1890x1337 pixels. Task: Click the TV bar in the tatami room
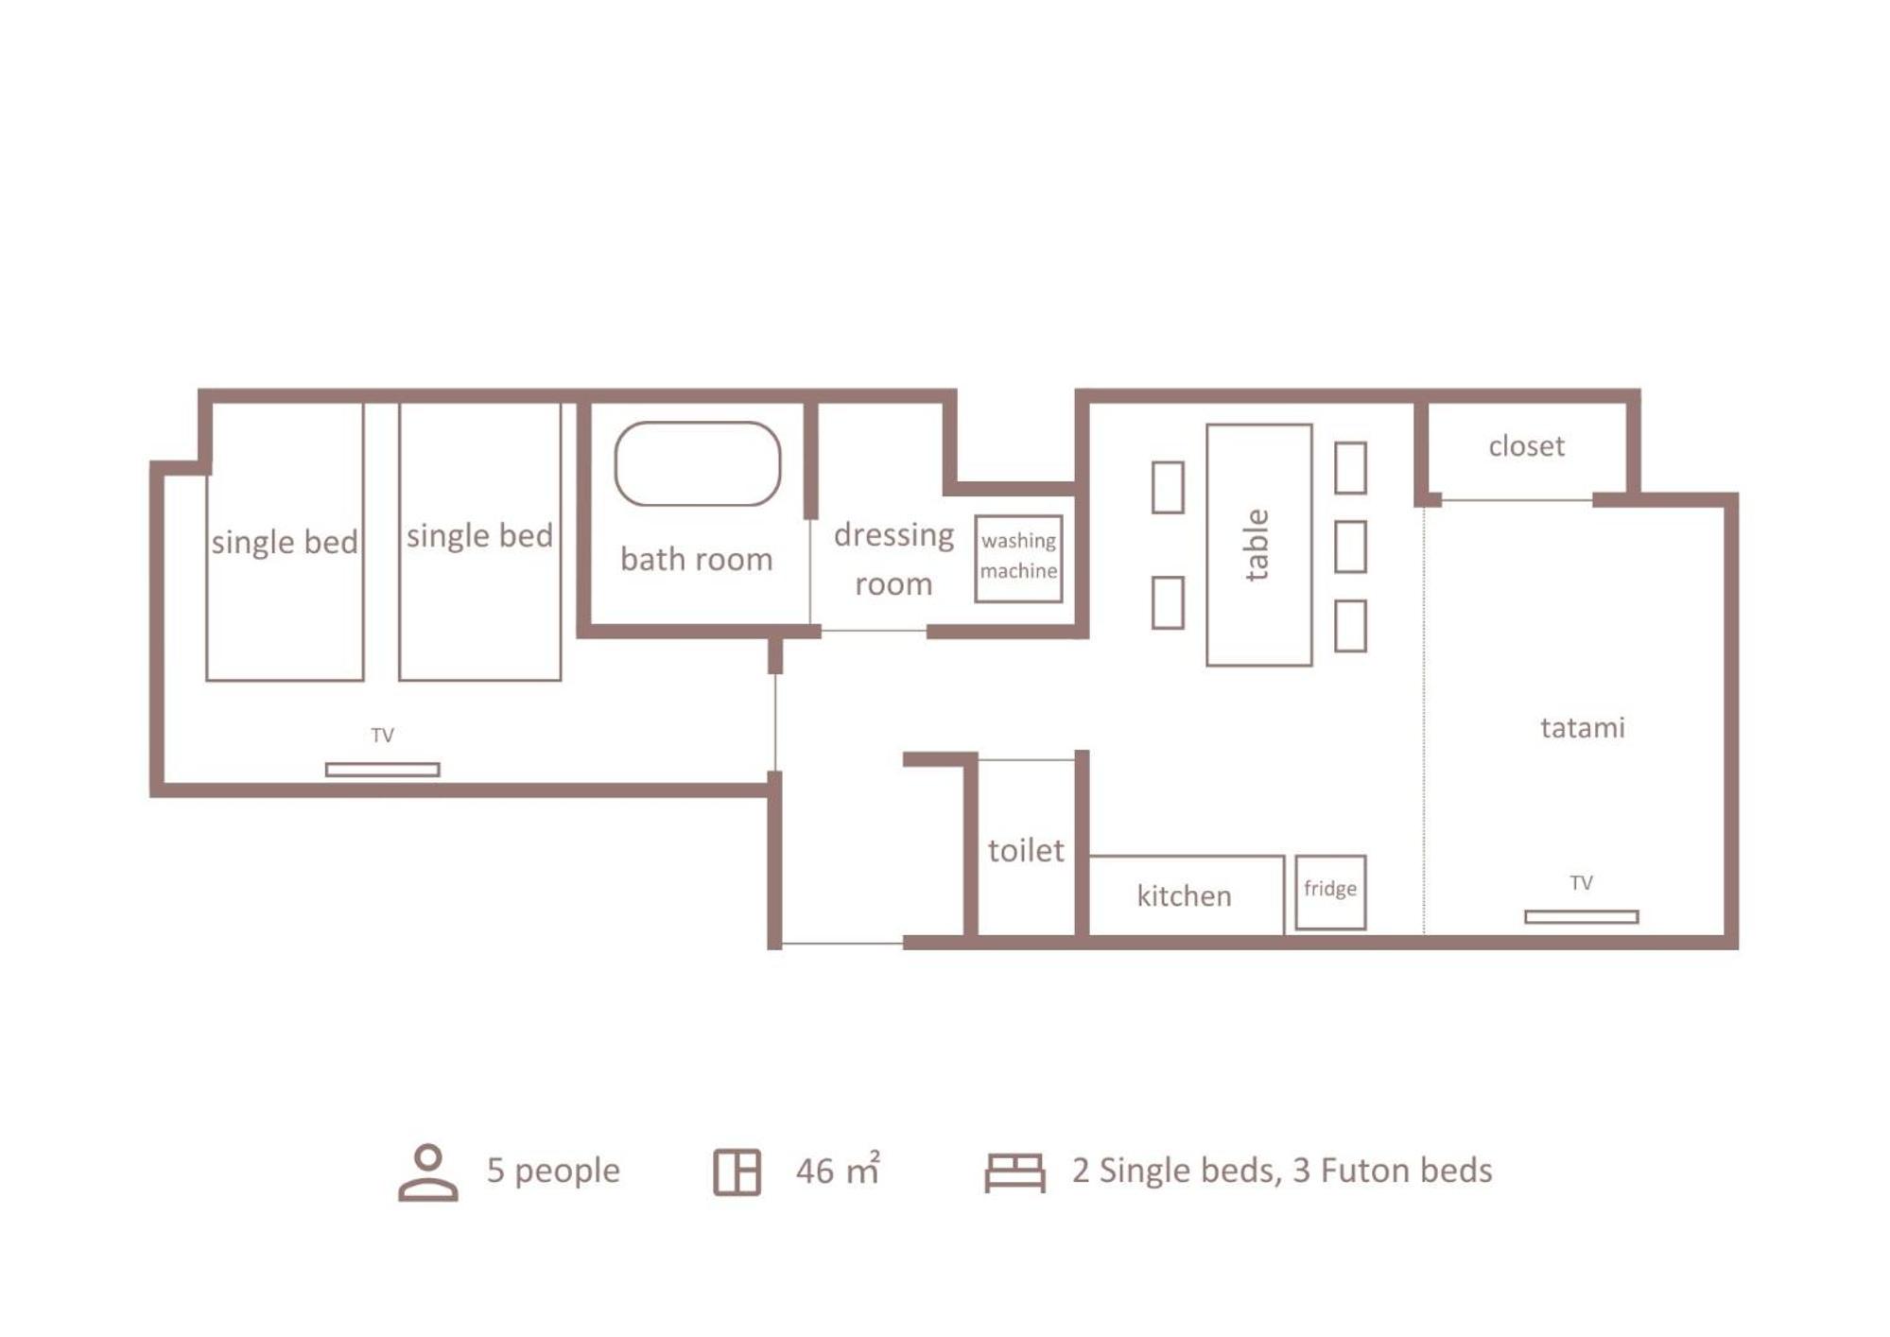(1581, 916)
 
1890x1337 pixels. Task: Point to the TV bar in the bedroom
(382, 770)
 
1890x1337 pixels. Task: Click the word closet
(1526, 445)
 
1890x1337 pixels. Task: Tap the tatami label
(1582, 727)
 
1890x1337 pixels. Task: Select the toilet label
(1026, 850)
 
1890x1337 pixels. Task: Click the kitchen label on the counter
(1184, 895)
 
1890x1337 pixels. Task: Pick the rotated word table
(1256, 545)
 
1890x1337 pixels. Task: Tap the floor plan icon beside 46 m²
(737, 1172)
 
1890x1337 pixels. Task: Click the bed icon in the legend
(1014, 1172)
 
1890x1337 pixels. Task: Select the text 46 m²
(838, 1170)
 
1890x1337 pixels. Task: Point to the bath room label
(696, 559)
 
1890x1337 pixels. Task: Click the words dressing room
(893, 559)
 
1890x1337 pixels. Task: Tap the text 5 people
(553, 1171)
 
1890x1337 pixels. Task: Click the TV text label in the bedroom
(382, 735)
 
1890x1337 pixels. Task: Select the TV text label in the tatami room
(1581, 882)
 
